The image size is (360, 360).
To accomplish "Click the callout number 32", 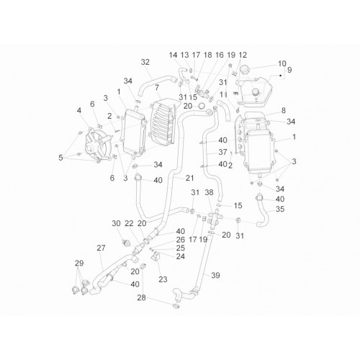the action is [x=145, y=62].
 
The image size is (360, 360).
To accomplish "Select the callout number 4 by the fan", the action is [x=79, y=110].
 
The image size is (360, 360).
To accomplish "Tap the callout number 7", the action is [x=157, y=87].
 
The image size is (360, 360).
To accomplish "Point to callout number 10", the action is [x=282, y=63].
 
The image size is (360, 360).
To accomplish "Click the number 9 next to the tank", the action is [x=289, y=70].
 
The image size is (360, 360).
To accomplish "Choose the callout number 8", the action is [x=284, y=110].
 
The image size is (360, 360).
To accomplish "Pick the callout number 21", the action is [x=189, y=178].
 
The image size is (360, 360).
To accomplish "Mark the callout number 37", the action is [x=222, y=152].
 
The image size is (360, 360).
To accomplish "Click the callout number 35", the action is [x=280, y=209].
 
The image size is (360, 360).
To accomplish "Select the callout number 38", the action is [x=209, y=192].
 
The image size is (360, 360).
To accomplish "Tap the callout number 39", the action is [x=215, y=275].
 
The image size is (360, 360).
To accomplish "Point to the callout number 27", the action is [x=101, y=248].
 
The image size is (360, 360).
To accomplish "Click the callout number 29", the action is [x=79, y=263].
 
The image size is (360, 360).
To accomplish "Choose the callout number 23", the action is [x=163, y=279].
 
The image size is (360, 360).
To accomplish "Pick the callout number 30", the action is [x=116, y=223].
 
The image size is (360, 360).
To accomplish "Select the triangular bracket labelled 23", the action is [x=155, y=256].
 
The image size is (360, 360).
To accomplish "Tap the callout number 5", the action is [x=60, y=158].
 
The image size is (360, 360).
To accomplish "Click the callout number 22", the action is [x=129, y=223].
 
